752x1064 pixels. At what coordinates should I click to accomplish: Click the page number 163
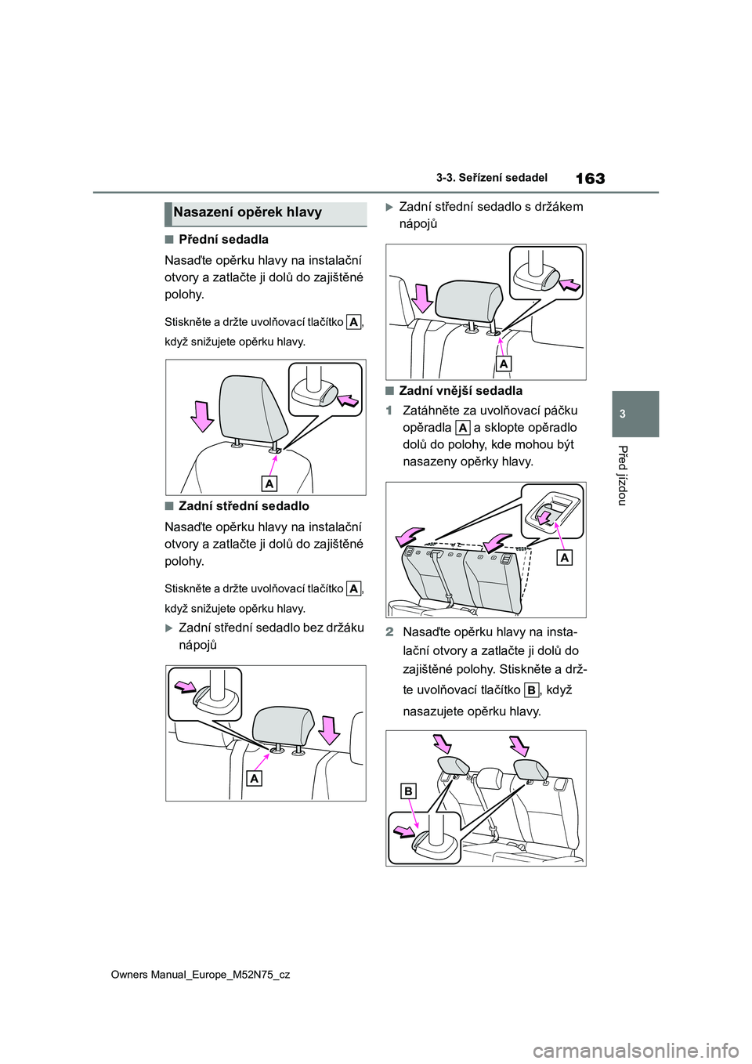tap(590, 179)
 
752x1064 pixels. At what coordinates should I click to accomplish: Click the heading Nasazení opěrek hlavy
tap(248, 212)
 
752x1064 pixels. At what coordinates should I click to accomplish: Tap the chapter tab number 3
tap(635, 414)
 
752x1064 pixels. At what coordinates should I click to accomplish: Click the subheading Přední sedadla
tap(223, 240)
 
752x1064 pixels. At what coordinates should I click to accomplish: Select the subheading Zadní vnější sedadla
tap(461, 391)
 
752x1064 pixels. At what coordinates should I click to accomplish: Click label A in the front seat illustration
tap(269, 484)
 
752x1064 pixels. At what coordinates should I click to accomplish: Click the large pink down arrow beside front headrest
tap(203, 415)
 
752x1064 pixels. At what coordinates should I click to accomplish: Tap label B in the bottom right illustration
tap(408, 792)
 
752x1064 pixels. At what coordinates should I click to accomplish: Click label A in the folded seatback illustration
tap(565, 558)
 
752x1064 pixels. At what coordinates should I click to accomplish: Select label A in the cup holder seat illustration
tap(504, 364)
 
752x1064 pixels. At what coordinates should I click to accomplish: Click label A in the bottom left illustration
tap(254, 779)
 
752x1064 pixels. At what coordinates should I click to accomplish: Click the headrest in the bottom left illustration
tap(283, 726)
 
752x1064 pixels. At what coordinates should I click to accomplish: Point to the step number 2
tap(389, 632)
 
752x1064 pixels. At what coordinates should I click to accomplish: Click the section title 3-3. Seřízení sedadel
tap(491, 178)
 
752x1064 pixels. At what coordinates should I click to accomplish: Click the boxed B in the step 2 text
tap(532, 690)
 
